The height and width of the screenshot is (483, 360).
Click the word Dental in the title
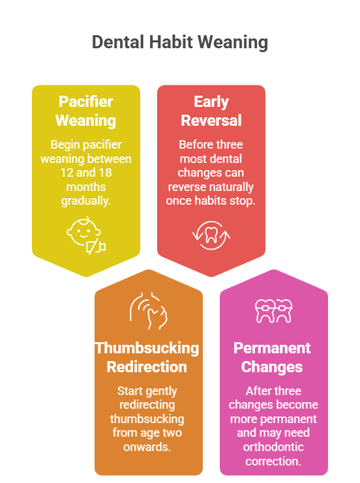click(x=118, y=42)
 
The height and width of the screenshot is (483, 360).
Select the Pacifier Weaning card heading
click(x=86, y=111)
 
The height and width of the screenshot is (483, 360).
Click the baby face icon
click(x=86, y=236)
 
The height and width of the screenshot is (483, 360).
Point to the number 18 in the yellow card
click(x=105, y=173)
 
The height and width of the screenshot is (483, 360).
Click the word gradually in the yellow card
click(x=85, y=201)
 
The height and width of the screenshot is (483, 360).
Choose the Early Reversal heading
click(x=211, y=111)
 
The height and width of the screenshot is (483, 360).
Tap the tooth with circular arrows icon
click(x=211, y=236)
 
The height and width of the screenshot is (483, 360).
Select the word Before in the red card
click(x=193, y=145)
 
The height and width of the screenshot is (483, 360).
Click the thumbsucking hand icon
click(x=149, y=311)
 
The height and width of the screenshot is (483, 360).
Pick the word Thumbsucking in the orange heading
click(x=147, y=348)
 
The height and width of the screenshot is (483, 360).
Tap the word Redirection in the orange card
click(x=147, y=367)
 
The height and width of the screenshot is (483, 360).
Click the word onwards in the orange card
click(x=146, y=447)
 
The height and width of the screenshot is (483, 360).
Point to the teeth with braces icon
click(x=274, y=311)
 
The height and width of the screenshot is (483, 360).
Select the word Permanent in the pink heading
click(x=272, y=348)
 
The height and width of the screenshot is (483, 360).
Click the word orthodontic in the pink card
click(x=273, y=447)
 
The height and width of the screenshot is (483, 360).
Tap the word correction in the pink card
click(x=273, y=461)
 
